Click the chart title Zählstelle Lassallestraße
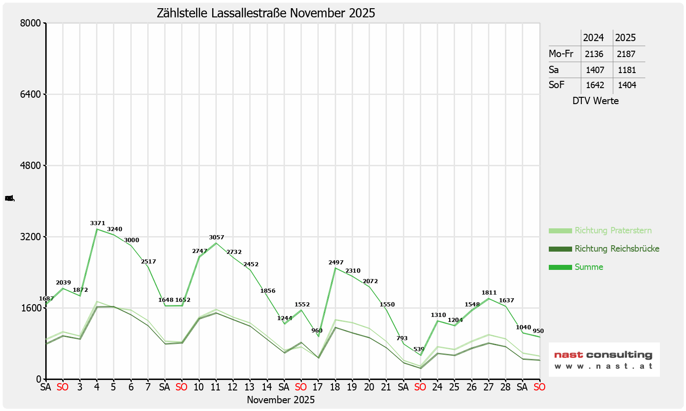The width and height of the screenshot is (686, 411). pos(266,13)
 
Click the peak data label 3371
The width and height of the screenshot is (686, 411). pos(97,223)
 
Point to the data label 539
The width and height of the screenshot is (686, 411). pos(419,349)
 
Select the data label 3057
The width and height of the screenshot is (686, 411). pos(217,237)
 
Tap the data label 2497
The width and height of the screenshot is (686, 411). pos(336,263)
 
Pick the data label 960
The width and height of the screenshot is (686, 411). pos(317,331)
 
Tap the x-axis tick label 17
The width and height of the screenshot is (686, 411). pos(317,387)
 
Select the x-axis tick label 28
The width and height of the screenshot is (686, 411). pos(505,387)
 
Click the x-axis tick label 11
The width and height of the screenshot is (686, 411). pos(215,387)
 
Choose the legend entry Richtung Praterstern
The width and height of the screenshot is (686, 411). pos(613,231)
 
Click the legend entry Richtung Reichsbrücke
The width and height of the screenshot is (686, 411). pos(616,249)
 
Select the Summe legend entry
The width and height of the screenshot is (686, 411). pos(589,267)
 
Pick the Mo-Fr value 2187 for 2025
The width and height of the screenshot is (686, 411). pos(626,54)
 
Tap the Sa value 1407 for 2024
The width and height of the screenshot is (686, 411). pos(595,70)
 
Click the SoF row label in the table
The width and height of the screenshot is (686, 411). pos(557,85)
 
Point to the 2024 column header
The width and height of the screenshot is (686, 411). pos(594,37)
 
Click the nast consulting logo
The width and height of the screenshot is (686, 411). pos(604,359)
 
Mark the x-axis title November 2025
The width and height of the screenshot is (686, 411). pos(281,400)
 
